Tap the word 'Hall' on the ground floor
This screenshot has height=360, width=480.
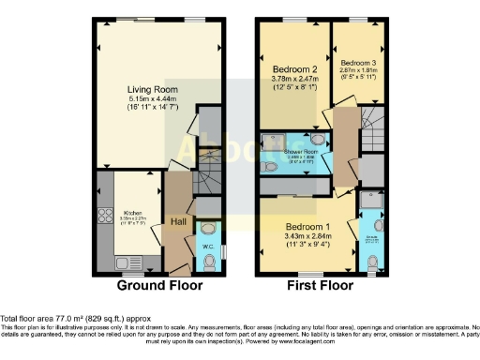(x=178, y=221)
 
